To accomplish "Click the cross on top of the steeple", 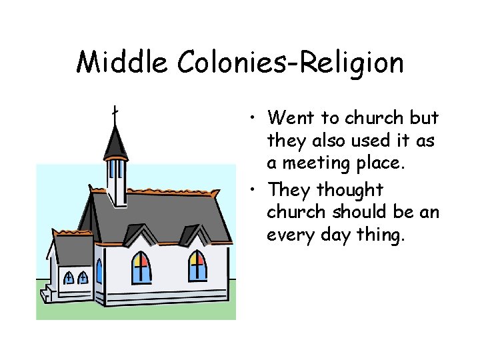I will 115,115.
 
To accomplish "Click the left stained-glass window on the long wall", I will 141,267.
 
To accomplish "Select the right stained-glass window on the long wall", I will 197,265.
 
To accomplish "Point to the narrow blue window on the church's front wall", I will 99,271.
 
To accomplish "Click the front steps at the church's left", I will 47,294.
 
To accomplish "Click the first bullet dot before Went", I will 257,119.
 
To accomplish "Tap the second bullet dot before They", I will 257,191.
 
